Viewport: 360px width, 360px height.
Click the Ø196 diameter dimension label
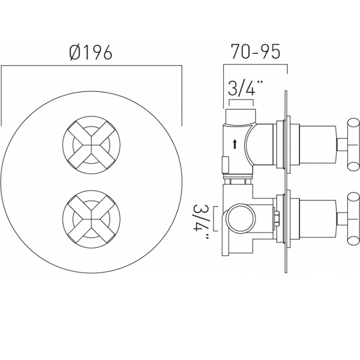click(x=91, y=52)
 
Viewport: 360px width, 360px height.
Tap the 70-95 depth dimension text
click(x=256, y=52)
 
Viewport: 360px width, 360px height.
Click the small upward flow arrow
click(x=235, y=145)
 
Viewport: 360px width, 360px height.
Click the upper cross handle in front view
click(x=91, y=145)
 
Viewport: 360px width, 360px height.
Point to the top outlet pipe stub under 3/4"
click(x=241, y=117)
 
